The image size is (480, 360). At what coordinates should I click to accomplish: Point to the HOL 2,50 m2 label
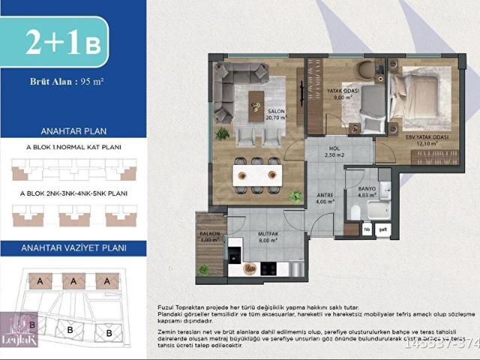(334, 151)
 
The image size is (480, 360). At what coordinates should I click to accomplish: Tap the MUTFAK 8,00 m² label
(269, 237)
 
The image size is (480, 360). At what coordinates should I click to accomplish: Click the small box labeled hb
(367, 229)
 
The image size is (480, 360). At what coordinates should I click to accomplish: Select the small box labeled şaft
(382, 229)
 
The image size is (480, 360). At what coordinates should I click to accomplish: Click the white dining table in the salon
(256, 175)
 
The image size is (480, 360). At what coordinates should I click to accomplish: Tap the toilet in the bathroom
(355, 212)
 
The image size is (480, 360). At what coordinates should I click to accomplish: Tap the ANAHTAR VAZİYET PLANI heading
(73, 247)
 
